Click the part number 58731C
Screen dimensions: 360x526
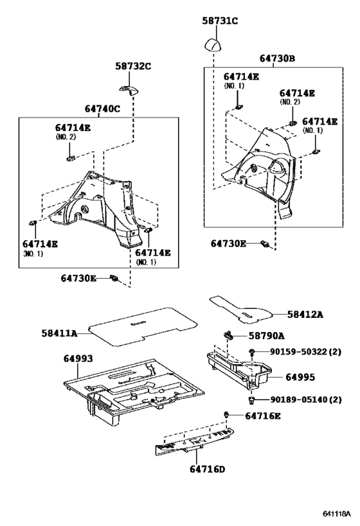coord(220,21)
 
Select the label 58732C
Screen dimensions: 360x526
coord(133,66)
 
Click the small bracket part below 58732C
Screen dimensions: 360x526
coord(129,89)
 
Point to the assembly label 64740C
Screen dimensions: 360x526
coord(102,109)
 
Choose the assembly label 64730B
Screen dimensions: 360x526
coord(277,58)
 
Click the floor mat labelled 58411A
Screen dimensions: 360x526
coord(142,327)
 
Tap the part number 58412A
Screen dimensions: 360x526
coord(305,314)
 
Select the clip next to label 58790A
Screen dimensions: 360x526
coord(228,334)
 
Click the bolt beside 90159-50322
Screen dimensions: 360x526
coord(251,351)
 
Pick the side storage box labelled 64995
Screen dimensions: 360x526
coord(239,369)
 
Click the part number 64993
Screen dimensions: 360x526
coord(78,358)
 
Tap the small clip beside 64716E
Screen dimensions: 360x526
coord(226,415)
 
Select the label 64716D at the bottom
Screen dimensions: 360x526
coord(208,469)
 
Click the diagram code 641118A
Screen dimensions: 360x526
coord(337,514)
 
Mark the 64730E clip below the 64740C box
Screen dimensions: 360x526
coord(114,278)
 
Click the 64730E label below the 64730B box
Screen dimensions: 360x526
coord(228,243)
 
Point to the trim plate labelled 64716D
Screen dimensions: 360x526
coord(194,441)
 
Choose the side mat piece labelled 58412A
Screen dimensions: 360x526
coord(240,310)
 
